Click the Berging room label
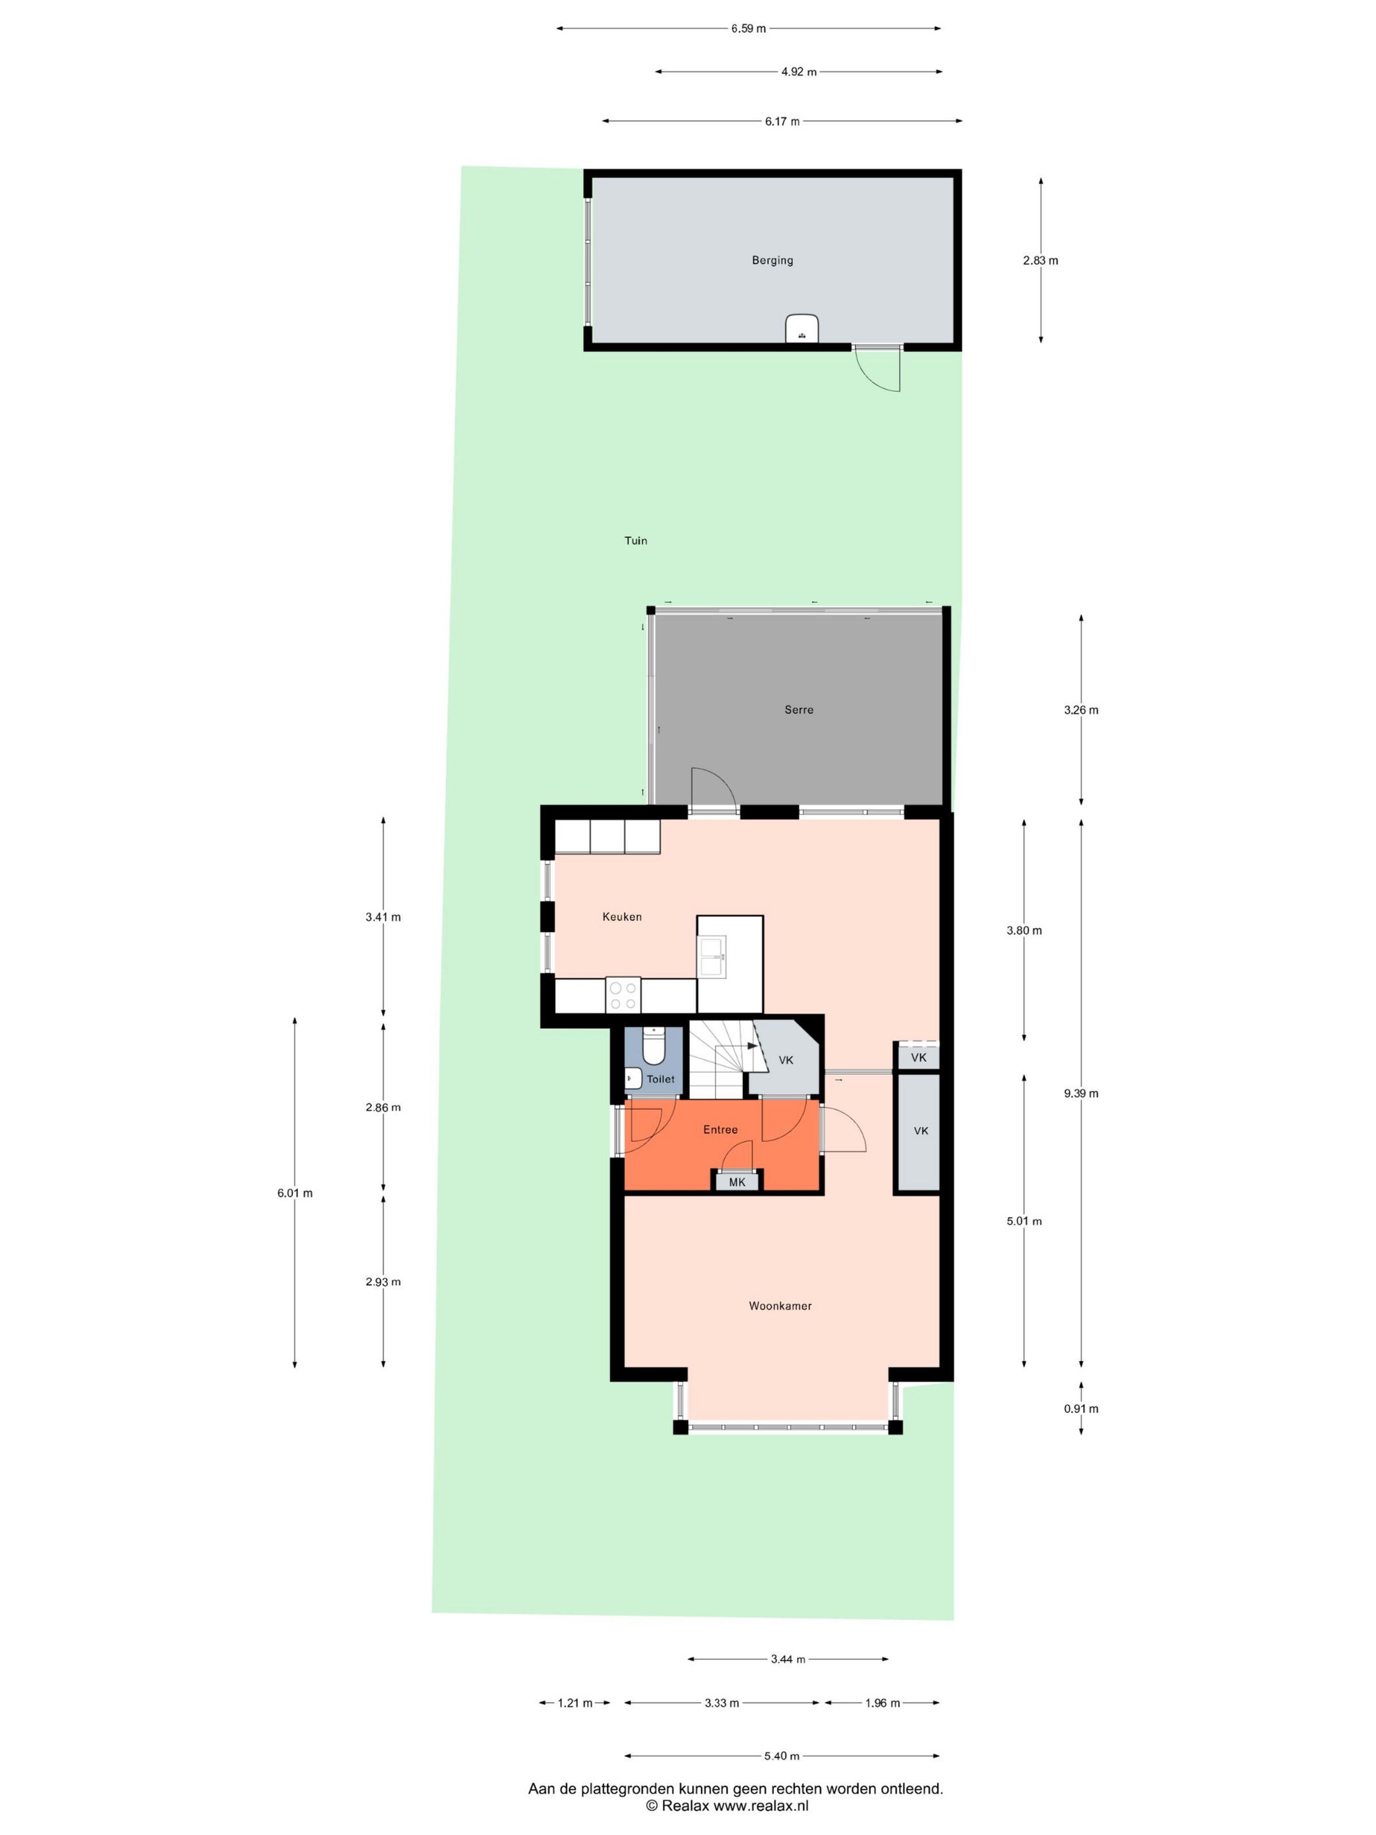click(772, 260)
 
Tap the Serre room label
click(799, 709)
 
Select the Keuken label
click(622, 917)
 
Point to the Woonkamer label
click(780, 1305)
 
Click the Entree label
click(720, 1129)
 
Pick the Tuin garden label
click(636, 540)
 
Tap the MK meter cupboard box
click(736, 1182)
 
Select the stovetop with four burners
click(623, 995)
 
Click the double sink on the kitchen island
click(712, 956)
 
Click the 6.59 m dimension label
click(748, 28)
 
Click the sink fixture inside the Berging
click(802, 328)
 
